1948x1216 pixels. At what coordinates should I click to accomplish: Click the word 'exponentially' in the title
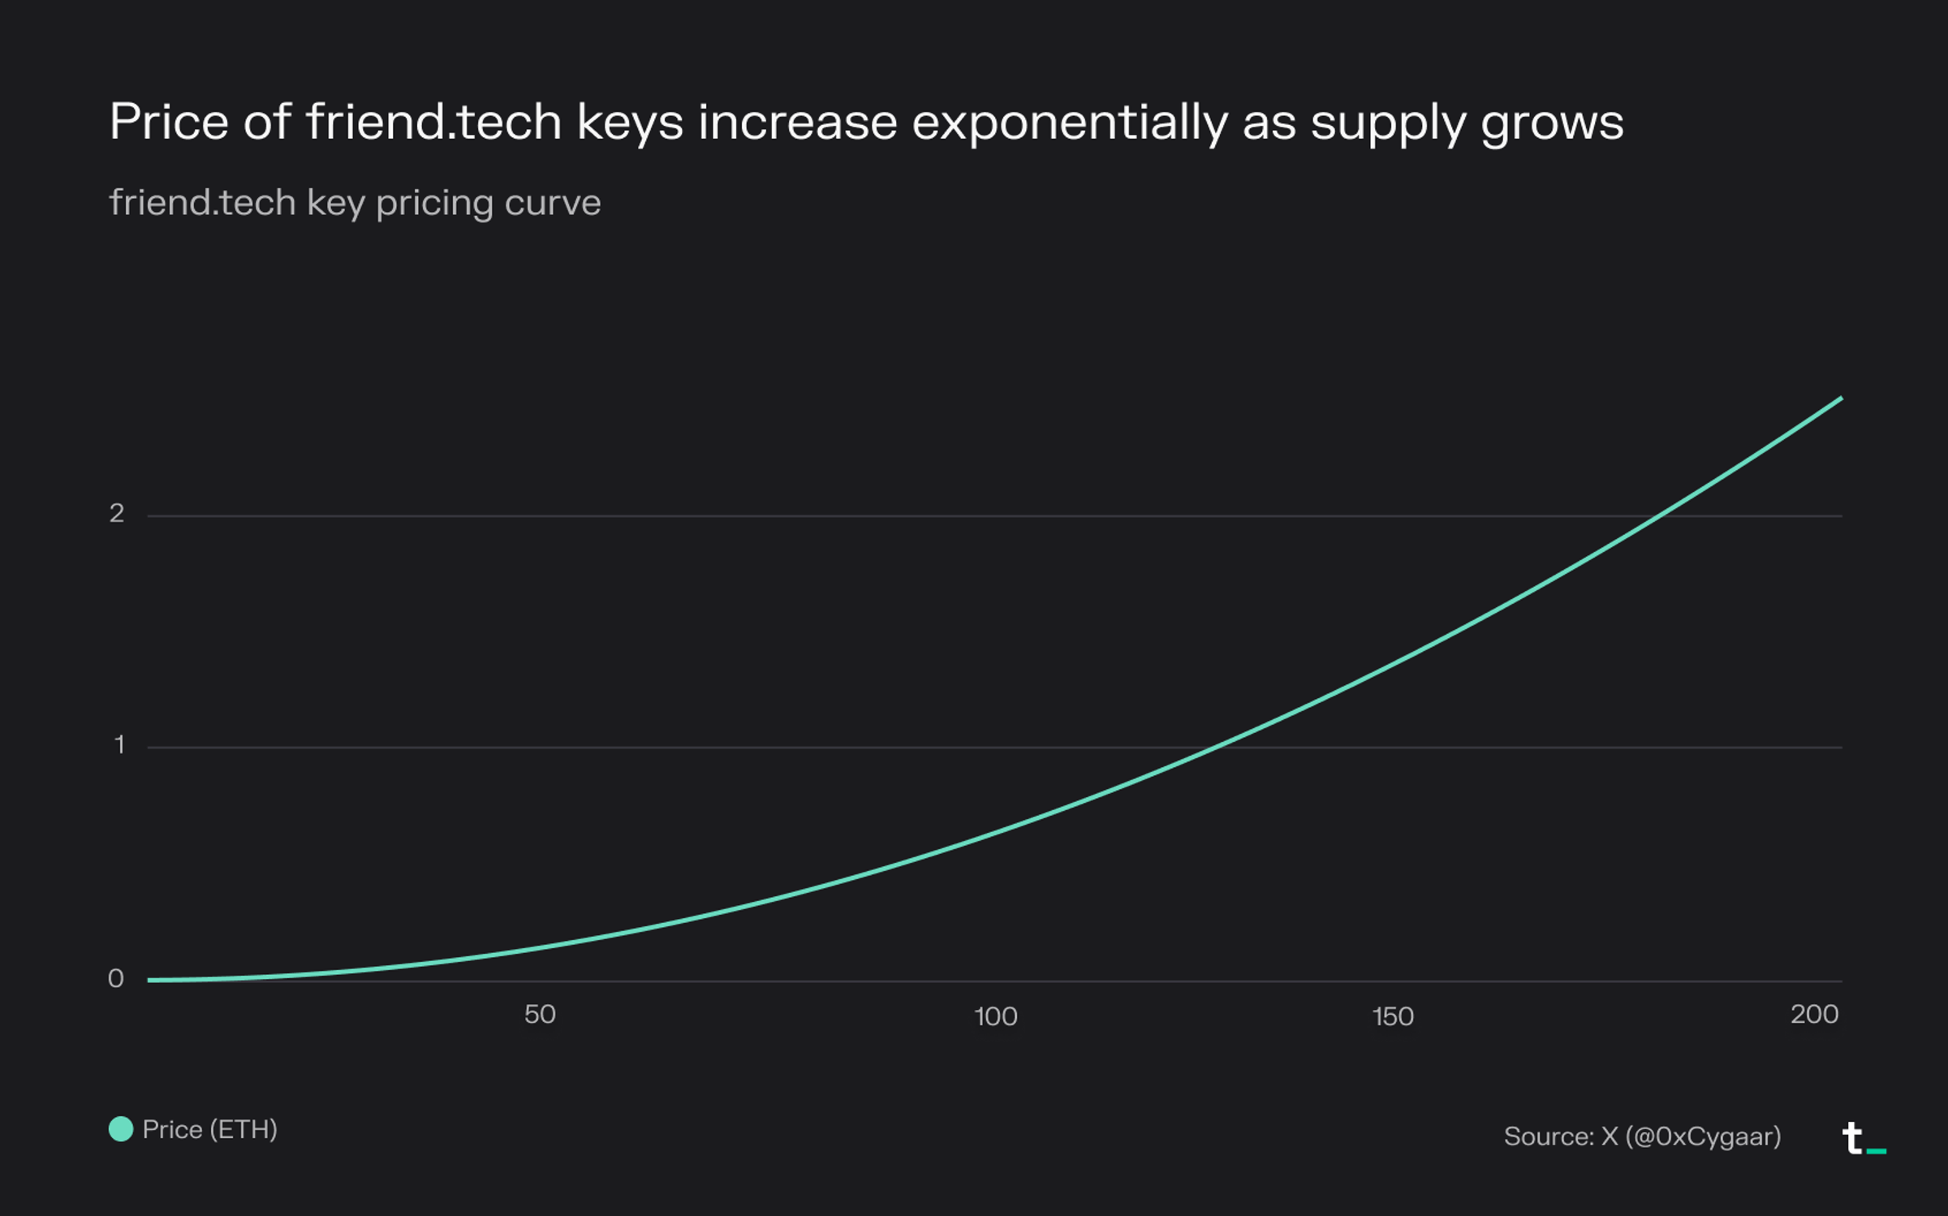(x=1069, y=123)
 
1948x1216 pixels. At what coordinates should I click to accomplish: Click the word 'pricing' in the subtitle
(x=434, y=203)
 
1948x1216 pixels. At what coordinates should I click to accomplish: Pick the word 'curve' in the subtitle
(x=552, y=203)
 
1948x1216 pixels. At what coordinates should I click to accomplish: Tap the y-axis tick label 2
(x=117, y=513)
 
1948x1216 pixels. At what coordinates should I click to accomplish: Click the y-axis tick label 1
(x=119, y=744)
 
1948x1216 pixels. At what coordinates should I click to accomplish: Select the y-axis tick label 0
(x=116, y=978)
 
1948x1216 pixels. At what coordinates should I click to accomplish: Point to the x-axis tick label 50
(x=540, y=1015)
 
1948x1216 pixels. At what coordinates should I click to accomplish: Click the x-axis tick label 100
(x=995, y=1016)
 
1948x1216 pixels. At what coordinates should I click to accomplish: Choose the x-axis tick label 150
(x=1393, y=1016)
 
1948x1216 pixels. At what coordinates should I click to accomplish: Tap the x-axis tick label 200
(x=1814, y=1015)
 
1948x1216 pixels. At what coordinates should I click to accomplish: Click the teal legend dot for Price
(x=121, y=1129)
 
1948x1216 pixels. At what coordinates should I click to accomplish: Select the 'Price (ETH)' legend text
(x=209, y=1129)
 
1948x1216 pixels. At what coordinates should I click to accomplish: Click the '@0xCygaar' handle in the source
(x=1703, y=1136)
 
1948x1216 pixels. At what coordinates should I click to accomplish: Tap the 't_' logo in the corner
(x=1864, y=1138)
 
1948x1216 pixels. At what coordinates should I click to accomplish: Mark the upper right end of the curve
(x=1841, y=399)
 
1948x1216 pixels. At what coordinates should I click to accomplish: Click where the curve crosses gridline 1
(x=1215, y=747)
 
